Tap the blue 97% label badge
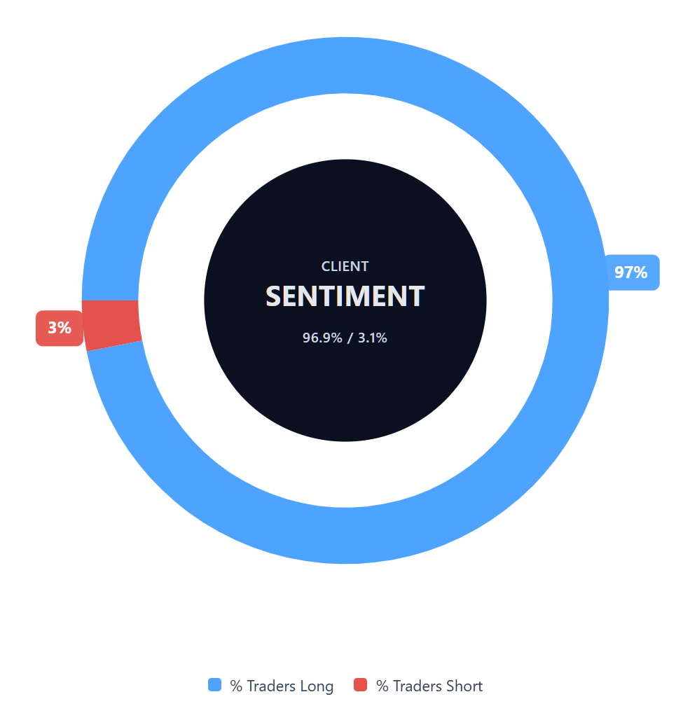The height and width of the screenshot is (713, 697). (x=632, y=272)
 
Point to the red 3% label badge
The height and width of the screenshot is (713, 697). (x=60, y=328)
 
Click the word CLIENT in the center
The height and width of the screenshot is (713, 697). (x=345, y=266)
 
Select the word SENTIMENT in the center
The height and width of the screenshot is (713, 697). (x=345, y=296)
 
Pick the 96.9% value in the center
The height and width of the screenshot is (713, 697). (x=322, y=338)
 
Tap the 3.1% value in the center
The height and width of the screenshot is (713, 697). (x=373, y=338)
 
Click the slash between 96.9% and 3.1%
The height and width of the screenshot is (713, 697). (x=350, y=338)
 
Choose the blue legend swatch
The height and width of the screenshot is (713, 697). (x=214, y=685)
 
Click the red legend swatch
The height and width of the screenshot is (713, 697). (x=361, y=685)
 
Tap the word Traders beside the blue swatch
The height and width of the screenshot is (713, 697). (x=271, y=686)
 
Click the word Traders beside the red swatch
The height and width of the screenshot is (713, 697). (x=417, y=686)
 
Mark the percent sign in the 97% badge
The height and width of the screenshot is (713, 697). (x=640, y=272)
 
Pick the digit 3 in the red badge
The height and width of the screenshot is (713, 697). (x=53, y=327)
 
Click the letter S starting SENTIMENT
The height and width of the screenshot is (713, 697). (x=273, y=296)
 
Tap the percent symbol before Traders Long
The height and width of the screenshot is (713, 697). (x=236, y=686)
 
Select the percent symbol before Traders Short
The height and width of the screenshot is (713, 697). (x=382, y=686)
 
